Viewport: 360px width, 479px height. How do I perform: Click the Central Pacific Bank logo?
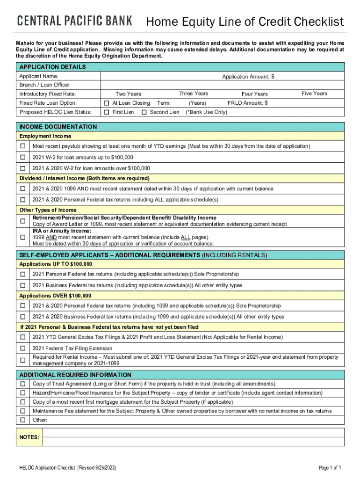pos(75,21)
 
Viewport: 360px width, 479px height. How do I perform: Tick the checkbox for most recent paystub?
pos(22,146)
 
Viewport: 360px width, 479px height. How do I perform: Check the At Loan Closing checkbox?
pos(107,103)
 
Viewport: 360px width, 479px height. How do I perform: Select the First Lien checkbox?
pos(107,112)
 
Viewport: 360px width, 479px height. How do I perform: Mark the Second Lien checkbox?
pos(144,112)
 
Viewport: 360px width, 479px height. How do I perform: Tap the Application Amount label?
pos(248,76)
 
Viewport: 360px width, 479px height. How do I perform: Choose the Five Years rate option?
pos(314,94)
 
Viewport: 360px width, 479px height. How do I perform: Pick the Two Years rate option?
pos(128,94)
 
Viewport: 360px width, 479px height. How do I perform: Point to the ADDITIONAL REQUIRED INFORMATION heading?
pos(75,375)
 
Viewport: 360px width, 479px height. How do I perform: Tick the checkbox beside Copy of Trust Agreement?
pos(22,384)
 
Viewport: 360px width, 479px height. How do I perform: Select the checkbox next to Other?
pos(22,420)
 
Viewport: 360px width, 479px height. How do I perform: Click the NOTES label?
pos(29,437)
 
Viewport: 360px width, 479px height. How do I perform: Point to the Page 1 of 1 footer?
pos(330,468)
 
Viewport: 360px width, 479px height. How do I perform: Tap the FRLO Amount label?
pos(247,103)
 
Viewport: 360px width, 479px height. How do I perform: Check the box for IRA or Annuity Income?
pos(22,237)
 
